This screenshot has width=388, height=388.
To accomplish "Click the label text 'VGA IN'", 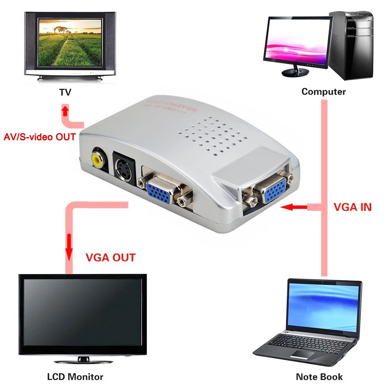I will pyautogui.click(x=352, y=207).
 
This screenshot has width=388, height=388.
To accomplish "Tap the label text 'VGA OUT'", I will pyautogui.click(x=110, y=257).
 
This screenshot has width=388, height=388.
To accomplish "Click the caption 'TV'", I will pyautogui.click(x=65, y=92).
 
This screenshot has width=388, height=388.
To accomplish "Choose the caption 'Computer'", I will pyautogui.click(x=323, y=92).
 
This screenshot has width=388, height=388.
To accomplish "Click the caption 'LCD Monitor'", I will pyautogui.click(x=75, y=376).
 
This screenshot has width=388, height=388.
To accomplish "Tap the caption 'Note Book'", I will pyautogui.click(x=319, y=376).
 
